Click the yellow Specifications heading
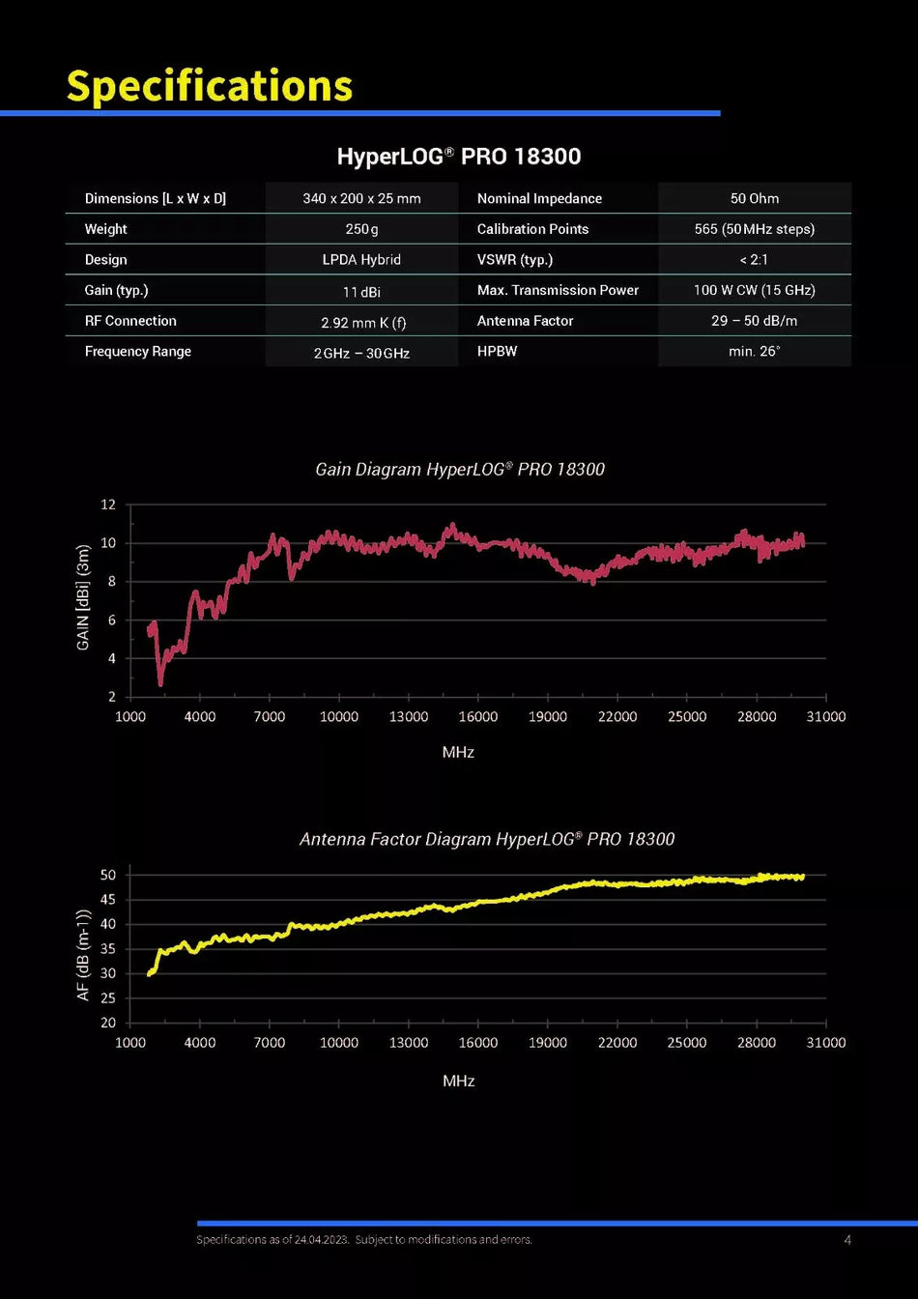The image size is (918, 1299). pos(210,86)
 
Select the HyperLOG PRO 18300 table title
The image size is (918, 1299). pos(459,156)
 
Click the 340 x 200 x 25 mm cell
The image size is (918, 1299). pos(361,198)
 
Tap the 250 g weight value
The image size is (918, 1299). pos(361,229)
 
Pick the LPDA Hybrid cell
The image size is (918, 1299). pos(361,260)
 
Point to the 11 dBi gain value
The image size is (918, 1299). pos(361,292)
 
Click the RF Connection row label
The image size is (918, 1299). pos(130,321)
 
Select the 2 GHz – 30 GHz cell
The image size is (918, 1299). pos(361,353)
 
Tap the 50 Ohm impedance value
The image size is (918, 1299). pos(755,198)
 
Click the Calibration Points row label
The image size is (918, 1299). pos(532,229)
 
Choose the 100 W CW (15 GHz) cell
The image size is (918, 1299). pos(755,290)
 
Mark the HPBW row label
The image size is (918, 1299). pos(497,352)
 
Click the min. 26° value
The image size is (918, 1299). pos(755,352)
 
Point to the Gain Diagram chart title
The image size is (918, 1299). pos(460,469)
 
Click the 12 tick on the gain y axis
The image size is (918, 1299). pos(108,505)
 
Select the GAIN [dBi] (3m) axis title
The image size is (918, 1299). pos(83,597)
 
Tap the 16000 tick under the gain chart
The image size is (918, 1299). pos(478,717)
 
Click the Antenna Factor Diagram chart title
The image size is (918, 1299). pos(487,839)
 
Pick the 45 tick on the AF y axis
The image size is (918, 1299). pos(108,900)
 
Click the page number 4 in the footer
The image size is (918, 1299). pos(847,1240)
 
